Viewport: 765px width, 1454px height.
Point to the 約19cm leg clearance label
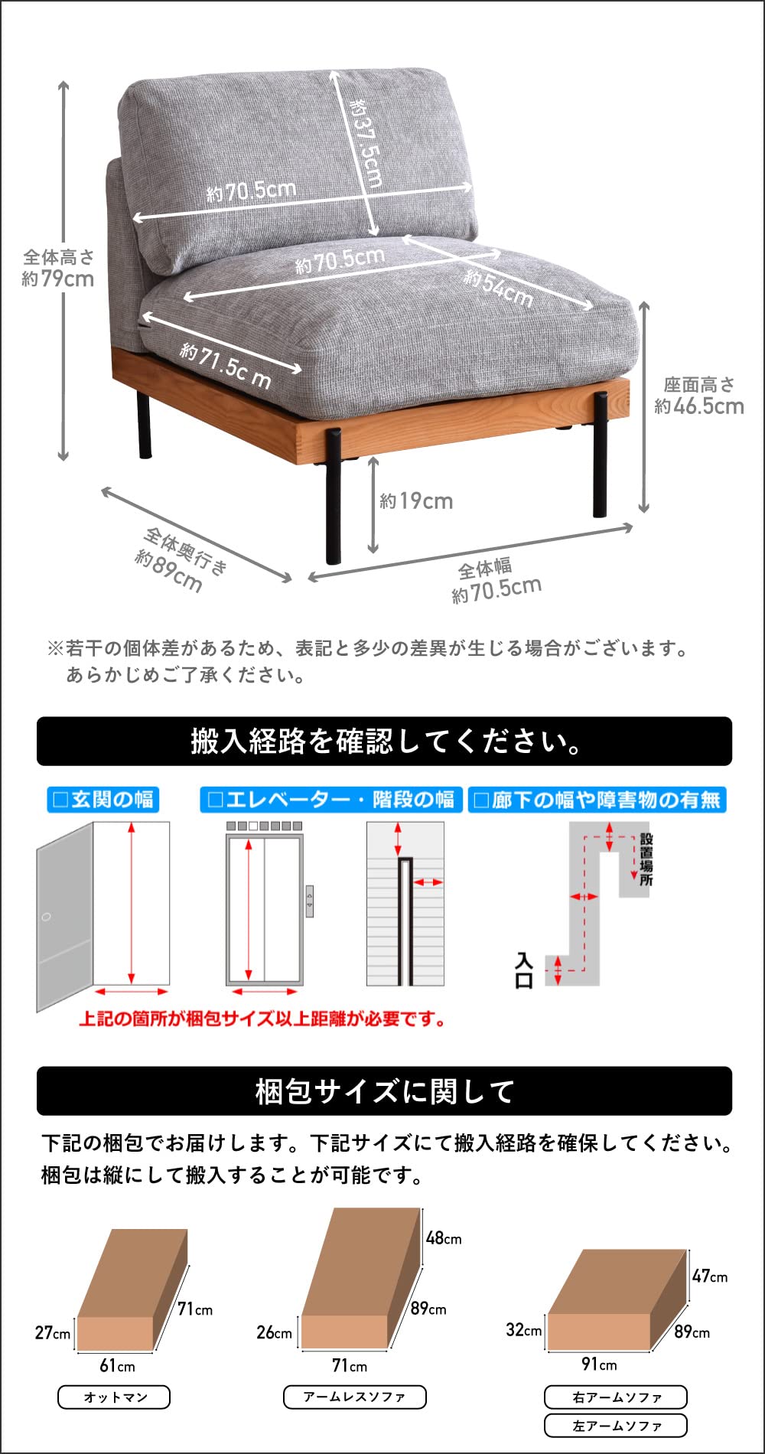point(416,501)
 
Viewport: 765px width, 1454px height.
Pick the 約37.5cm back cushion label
point(366,142)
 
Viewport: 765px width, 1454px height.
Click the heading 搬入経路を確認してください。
point(384,741)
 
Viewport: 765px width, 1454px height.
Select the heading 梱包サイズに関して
point(384,1091)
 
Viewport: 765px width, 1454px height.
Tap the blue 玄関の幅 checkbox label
point(103,800)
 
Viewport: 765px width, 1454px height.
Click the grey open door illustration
point(65,917)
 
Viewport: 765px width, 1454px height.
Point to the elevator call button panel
point(309,901)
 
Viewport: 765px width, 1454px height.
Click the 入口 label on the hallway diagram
point(524,970)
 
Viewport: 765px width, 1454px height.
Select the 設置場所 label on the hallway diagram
point(646,859)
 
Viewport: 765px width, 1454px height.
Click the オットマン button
point(114,1397)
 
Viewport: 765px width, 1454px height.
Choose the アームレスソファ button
point(354,1397)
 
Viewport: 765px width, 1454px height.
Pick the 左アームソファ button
point(616,1426)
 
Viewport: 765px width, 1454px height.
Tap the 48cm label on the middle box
point(444,1237)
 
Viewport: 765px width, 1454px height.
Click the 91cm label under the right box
point(599,1364)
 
